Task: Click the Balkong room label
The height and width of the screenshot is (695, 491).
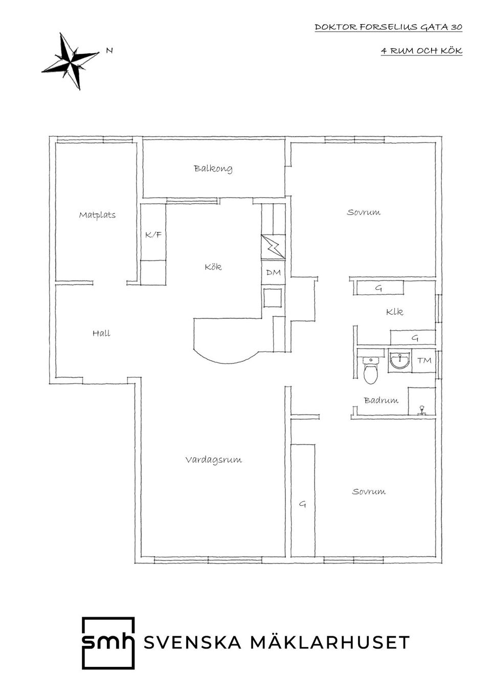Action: pyautogui.click(x=213, y=168)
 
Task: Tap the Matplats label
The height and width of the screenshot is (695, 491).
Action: pyautogui.click(x=97, y=215)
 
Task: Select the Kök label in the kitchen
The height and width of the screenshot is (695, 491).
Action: pyautogui.click(x=213, y=267)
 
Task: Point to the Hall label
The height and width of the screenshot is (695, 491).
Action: pyautogui.click(x=101, y=333)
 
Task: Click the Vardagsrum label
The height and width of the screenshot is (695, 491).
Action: pyautogui.click(x=214, y=460)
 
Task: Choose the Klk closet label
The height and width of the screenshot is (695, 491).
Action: pyautogui.click(x=394, y=312)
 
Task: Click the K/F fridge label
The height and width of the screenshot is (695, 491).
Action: pyautogui.click(x=153, y=234)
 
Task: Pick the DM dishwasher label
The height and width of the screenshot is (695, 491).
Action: pyautogui.click(x=274, y=272)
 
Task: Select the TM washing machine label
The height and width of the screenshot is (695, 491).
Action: pyautogui.click(x=425, y=360)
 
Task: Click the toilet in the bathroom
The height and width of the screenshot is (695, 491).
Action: pyautogui.click(x=371, y=370)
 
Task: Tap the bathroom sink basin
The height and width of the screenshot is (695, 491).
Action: pyautogui.click(x=400, y=360)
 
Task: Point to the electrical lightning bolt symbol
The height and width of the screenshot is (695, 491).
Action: pyautogui.click(x=273, y=247)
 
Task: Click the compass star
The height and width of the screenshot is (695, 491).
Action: pyautogui.click(x=71, y=61)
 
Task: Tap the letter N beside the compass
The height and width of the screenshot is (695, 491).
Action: pyautogui.click(x=109, y=50)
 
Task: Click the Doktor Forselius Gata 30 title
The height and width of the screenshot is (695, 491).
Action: pyautogui.click(x=388, y=27)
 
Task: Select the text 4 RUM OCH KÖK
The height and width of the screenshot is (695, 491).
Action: pyautogui.click(x=421, y=51)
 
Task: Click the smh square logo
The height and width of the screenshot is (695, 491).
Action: pyautogui.click(x=108, y=642)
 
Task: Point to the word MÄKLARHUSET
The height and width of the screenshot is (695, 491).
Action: pyautogui.click(x=330, y=642)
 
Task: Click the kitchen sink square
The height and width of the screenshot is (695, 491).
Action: pyautogui.click(x=273, y=297)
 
